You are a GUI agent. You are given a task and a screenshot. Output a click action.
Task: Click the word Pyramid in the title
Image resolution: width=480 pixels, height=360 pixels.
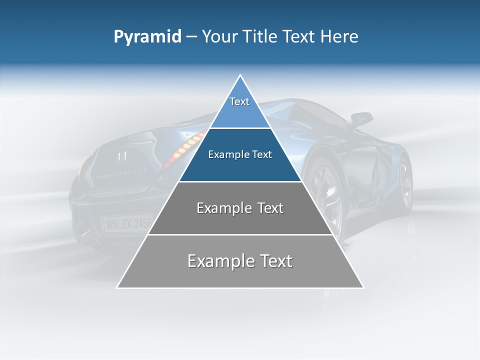[x=147, y=37]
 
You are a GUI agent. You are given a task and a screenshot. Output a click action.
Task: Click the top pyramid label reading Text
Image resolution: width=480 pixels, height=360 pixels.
[x=239, y=101]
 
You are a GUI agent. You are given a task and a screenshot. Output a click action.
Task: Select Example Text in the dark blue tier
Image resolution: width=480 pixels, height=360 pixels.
[x=240, y=154]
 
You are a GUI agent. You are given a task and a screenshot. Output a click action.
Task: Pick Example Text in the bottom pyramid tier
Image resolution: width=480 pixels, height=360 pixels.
[x=240, y=261]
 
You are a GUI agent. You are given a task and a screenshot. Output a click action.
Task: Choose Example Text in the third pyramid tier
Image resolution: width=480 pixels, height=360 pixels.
[x=240, y=208]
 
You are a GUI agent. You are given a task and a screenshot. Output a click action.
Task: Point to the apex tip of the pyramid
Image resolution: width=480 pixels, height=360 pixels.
[x=240, y=75]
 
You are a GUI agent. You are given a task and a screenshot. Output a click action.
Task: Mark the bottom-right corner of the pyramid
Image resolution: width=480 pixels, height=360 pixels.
[x=363, y=287]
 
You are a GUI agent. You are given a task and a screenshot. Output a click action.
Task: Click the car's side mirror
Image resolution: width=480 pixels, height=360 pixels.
[x=361, y=119]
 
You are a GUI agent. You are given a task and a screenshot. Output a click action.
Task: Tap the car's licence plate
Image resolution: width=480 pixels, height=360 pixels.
[x=127, y=223]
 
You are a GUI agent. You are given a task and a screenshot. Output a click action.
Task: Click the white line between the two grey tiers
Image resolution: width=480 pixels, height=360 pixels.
[x=240, y=234]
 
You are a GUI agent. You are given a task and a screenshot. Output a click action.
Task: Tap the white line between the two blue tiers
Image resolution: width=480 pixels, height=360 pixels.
[x=240, y=128]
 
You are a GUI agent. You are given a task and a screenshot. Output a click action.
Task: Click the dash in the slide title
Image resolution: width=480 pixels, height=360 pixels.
[x=191, y=37]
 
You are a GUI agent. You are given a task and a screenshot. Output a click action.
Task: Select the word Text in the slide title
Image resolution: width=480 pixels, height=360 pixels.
[x=298, y=37]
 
